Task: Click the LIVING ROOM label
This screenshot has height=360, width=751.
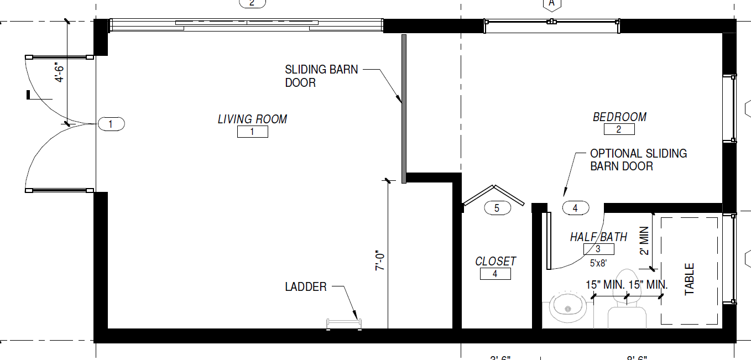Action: click(252, 119)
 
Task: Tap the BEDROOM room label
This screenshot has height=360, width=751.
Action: click(619, 117)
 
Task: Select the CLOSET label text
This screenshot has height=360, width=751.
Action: click(496, 261)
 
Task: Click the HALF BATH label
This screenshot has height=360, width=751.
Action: click(598, 237)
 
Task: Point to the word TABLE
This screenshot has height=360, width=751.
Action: click(690, 279)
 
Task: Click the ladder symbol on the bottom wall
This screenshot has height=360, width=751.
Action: click(344, 324)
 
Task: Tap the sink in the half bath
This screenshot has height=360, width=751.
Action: click(568, 307)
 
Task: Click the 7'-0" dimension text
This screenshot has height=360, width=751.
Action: click(380, 260)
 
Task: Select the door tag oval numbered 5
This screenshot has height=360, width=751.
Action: click(497, 208)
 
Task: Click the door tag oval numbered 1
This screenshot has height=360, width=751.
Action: click(111, 124)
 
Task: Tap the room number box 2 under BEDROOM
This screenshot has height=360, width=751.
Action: click(619, 129)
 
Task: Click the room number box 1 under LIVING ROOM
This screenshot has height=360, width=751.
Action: click(252, 132)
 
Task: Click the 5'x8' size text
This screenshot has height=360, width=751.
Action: click(598, 263)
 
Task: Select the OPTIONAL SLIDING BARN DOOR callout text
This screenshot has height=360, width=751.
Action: click(638, 160)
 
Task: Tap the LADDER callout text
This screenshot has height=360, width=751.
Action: click(306, 287)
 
